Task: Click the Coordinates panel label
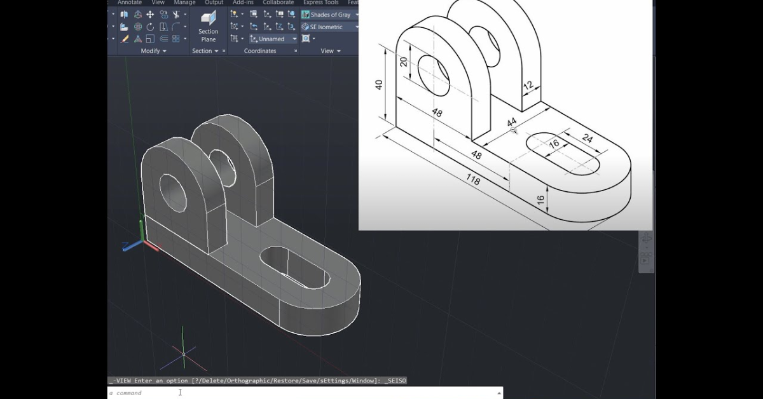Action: (x=260, y=51)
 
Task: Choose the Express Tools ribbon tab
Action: (x=320, y=3)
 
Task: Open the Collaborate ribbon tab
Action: (x=278, y=3)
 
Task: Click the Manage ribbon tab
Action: (x=185, y=3)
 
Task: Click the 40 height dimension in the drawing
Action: (x=380, y=85)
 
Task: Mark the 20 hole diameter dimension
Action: (x=404, y=62)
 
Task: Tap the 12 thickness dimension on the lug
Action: (x=528, y=85)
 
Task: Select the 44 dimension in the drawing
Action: (x=512, y=122)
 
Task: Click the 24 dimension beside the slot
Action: (x=586, y=139)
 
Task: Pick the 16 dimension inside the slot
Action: (x=554, y=144)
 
